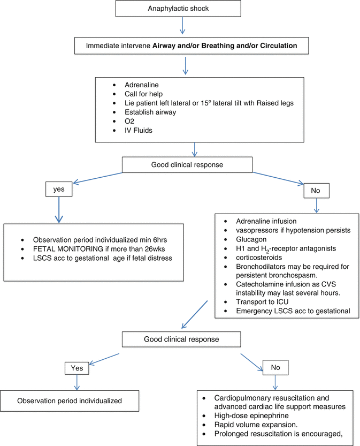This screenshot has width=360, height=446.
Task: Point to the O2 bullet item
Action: (130, 121)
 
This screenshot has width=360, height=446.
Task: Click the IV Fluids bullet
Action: (138, 130)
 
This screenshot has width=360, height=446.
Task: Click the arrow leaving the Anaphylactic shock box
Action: (184, 26)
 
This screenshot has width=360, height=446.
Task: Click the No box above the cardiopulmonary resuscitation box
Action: (275, 367)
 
